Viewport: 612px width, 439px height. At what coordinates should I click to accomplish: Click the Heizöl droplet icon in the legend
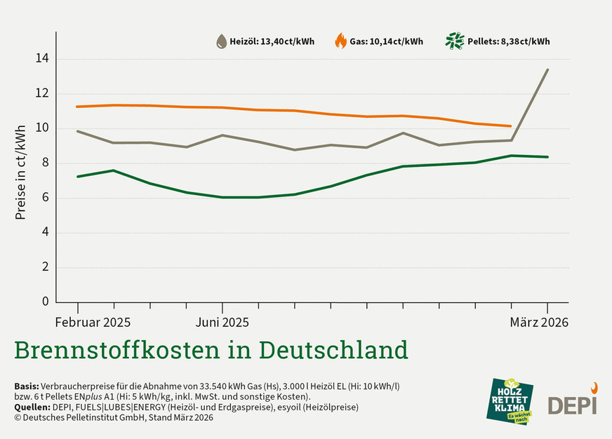[x=221, y=41]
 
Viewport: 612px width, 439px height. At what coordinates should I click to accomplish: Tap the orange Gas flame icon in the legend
[x=340, y=41]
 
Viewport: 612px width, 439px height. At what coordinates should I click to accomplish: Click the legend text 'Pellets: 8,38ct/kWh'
[x=508, y=41]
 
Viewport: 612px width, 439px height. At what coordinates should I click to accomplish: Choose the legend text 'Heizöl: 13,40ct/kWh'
[x=272, y=41]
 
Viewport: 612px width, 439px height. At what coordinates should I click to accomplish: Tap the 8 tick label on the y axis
[x=45, y=163]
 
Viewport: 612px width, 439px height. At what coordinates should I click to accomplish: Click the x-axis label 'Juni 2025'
[x=222, y=323]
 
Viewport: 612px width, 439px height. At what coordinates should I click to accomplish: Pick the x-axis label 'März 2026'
[x=538, y=323]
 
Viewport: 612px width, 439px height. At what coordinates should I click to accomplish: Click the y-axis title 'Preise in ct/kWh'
[x=20, y=172]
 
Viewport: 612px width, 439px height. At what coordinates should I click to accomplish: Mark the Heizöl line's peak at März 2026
[x=547, y=69]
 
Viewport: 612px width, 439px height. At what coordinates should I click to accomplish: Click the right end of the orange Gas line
[x=511, y=126]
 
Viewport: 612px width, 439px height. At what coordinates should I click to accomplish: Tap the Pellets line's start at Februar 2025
[x=77, y=176]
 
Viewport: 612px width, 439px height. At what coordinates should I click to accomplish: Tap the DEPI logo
[x=571, y=401]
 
